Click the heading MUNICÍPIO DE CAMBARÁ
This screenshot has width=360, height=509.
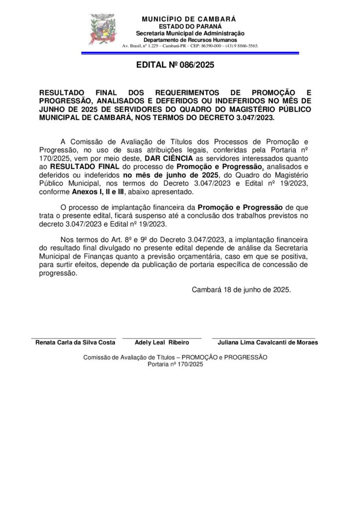point(189,19)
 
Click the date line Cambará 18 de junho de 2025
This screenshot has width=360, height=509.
point(242,288)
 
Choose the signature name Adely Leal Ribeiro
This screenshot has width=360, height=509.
point(162,342)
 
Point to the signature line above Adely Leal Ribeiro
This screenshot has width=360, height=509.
point(162,338)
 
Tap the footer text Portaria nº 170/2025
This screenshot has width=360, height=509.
point(176,364)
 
